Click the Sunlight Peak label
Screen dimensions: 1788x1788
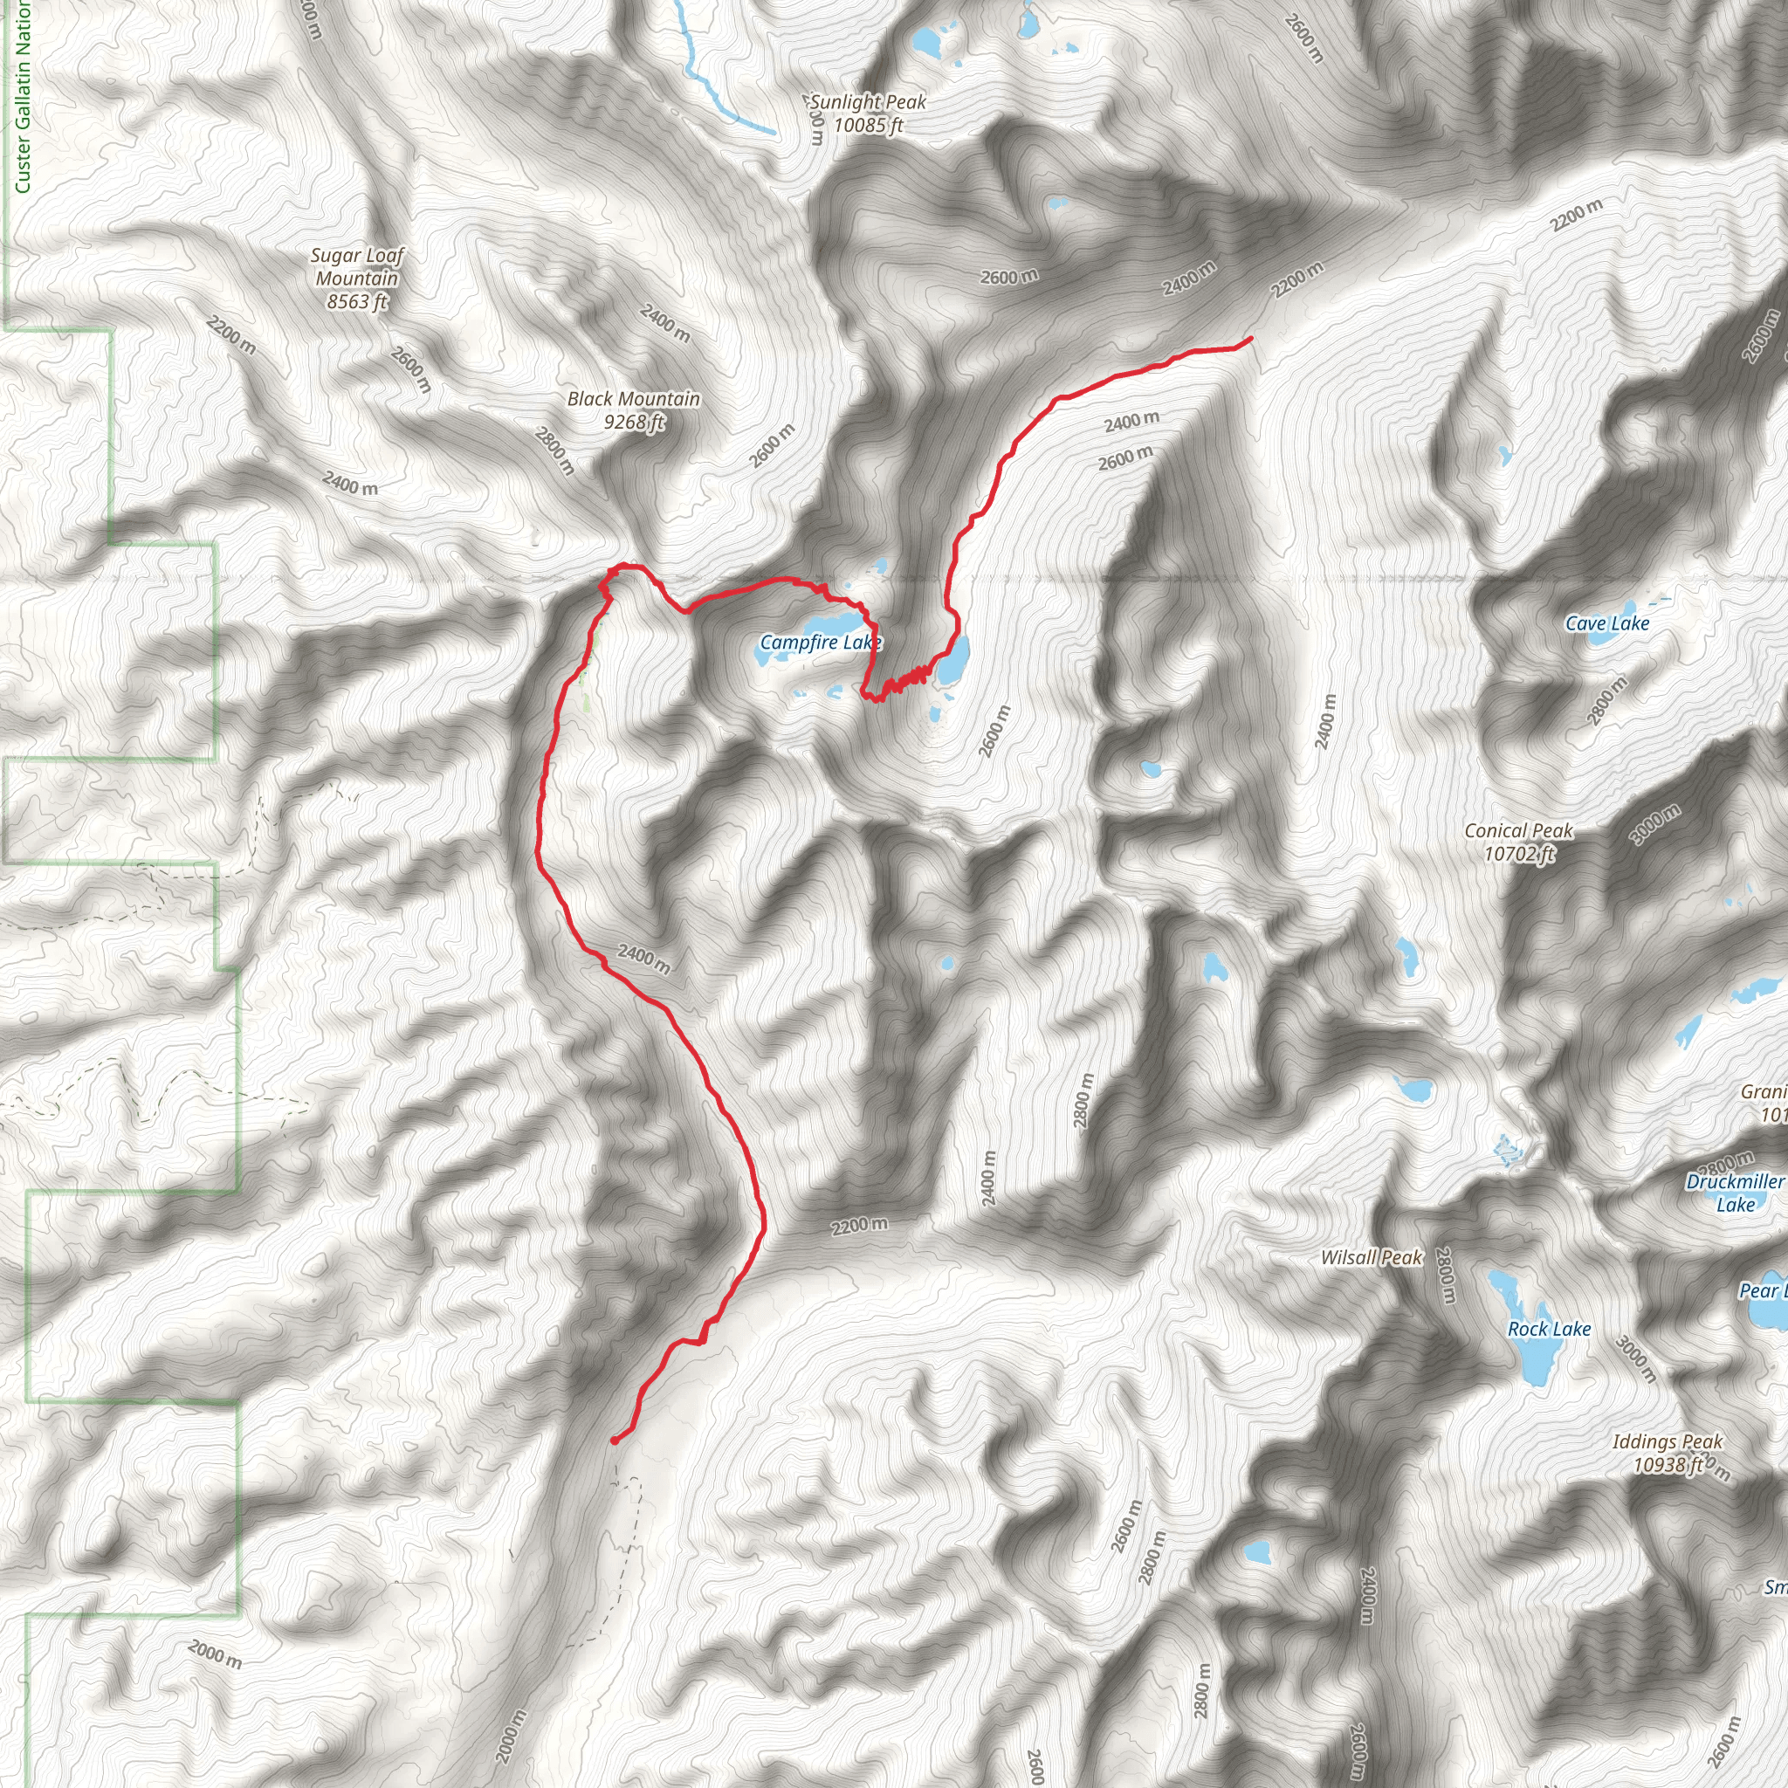868,103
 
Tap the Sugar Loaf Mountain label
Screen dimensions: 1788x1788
357,266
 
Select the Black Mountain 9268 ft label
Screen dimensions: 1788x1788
634,410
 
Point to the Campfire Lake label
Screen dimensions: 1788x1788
820,643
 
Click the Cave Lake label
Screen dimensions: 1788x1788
1606,623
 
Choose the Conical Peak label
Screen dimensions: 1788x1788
1519,831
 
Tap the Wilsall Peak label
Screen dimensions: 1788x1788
1371,1258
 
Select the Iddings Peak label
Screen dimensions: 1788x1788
1668,1442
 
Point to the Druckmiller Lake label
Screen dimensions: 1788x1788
1735,1193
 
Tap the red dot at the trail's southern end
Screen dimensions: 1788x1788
615,1440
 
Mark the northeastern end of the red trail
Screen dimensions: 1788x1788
1251,339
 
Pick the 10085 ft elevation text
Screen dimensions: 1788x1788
868,126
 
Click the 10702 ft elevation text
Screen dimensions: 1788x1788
1519,854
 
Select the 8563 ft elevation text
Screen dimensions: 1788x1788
357,302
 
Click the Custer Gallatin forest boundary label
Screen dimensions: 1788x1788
22,97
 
